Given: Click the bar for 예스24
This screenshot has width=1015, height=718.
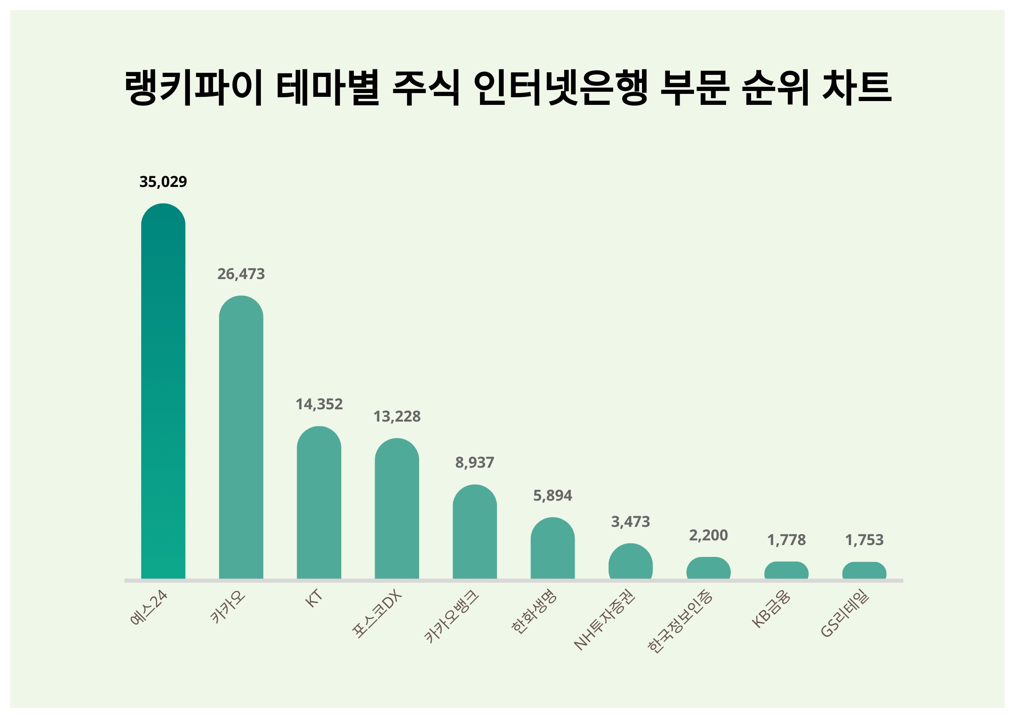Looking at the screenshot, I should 163,391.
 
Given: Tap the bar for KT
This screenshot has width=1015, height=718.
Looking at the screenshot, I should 319,502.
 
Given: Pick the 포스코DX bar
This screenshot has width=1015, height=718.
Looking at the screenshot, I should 397,508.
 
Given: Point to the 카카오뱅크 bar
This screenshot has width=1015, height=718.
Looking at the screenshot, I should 475,532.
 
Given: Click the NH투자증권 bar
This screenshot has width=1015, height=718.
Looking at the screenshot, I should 631,561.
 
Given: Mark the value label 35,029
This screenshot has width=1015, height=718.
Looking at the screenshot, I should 163,182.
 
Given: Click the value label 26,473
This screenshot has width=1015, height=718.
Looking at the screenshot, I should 241,274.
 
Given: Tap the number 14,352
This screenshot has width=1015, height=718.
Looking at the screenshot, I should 319,404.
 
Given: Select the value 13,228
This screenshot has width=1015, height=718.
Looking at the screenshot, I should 397,417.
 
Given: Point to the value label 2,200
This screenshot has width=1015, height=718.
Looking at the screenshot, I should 708,535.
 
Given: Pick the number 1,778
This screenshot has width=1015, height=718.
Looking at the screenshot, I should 786,540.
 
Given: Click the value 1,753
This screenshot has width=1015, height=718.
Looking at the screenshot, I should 864,540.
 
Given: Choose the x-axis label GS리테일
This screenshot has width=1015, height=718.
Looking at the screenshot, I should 845,614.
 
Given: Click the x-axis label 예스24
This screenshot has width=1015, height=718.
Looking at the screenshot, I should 149,608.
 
